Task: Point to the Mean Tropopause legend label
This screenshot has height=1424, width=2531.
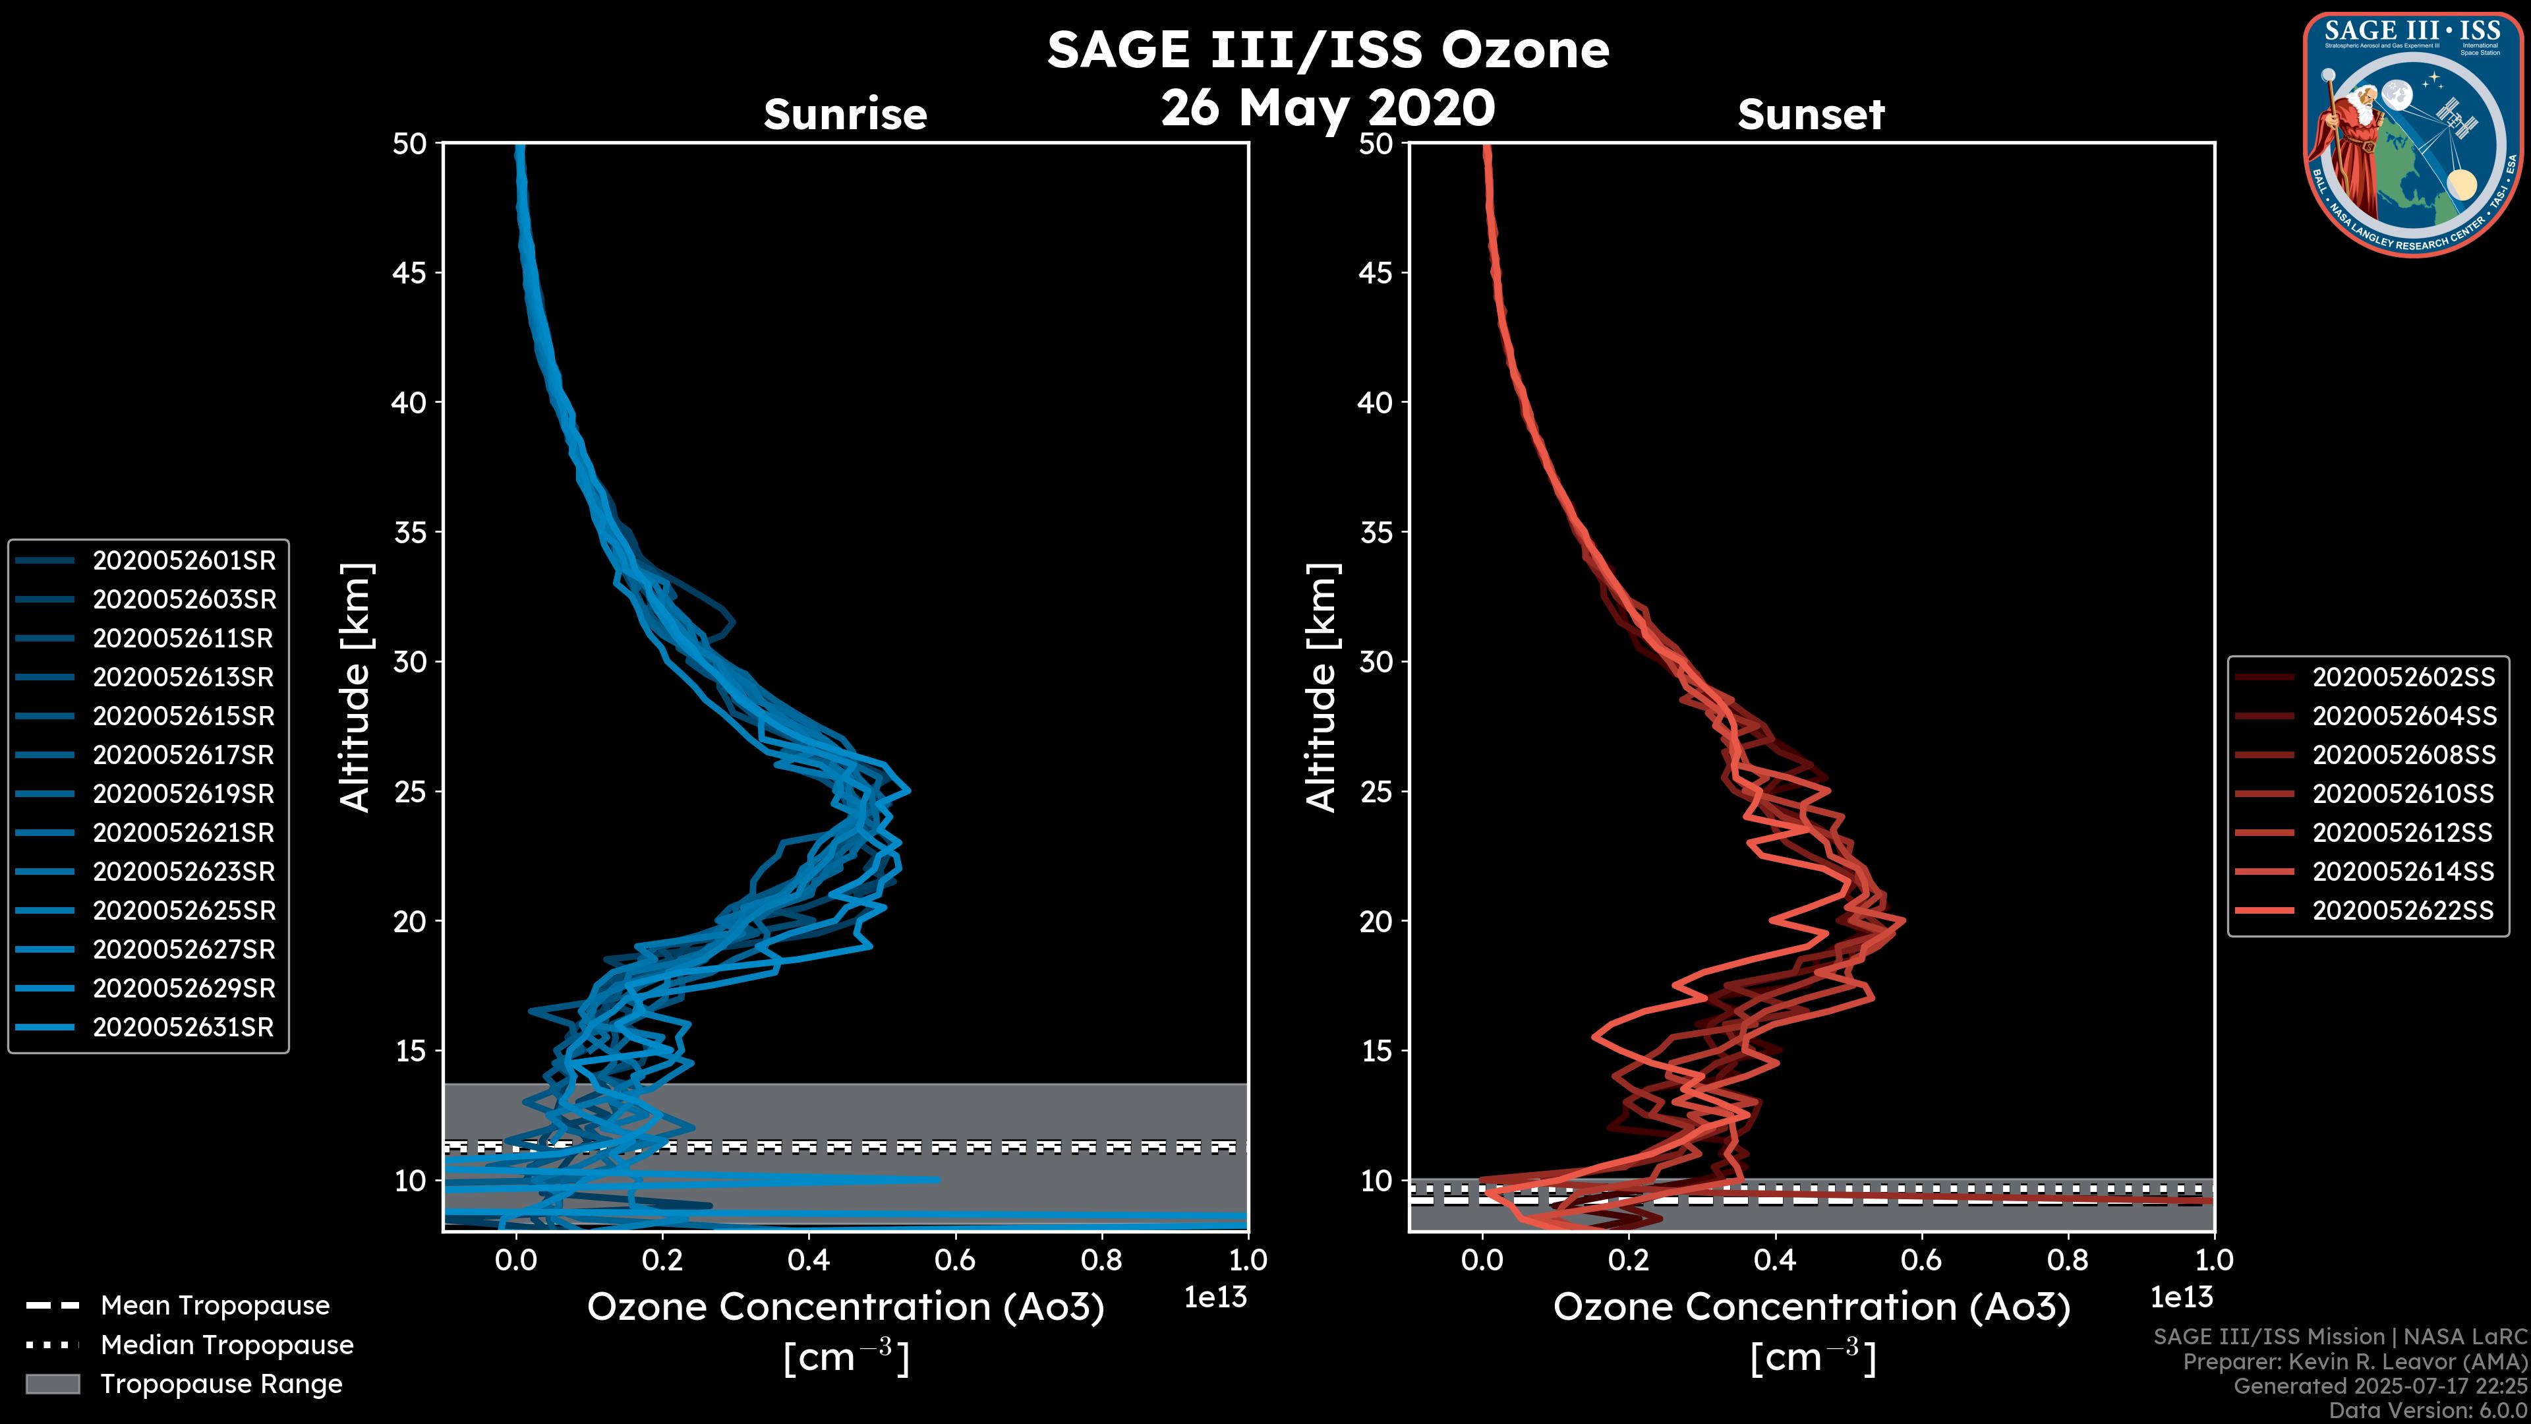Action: pos(215,1305)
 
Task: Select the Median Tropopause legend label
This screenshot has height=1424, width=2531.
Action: pos(227,1344)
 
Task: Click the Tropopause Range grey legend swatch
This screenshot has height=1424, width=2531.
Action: pos(53,1384)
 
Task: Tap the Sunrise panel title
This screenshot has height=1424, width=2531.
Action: pos(845,114)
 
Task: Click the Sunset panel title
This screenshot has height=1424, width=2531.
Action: pos(1811,114)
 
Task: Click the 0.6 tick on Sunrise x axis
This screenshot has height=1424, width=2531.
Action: pos(955,1260)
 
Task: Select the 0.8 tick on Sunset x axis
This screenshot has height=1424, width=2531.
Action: pos(2067,1260)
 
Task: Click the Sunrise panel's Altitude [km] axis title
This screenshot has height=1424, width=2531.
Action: pos(356,688)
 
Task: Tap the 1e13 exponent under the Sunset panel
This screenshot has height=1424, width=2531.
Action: pos(2181,1297)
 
